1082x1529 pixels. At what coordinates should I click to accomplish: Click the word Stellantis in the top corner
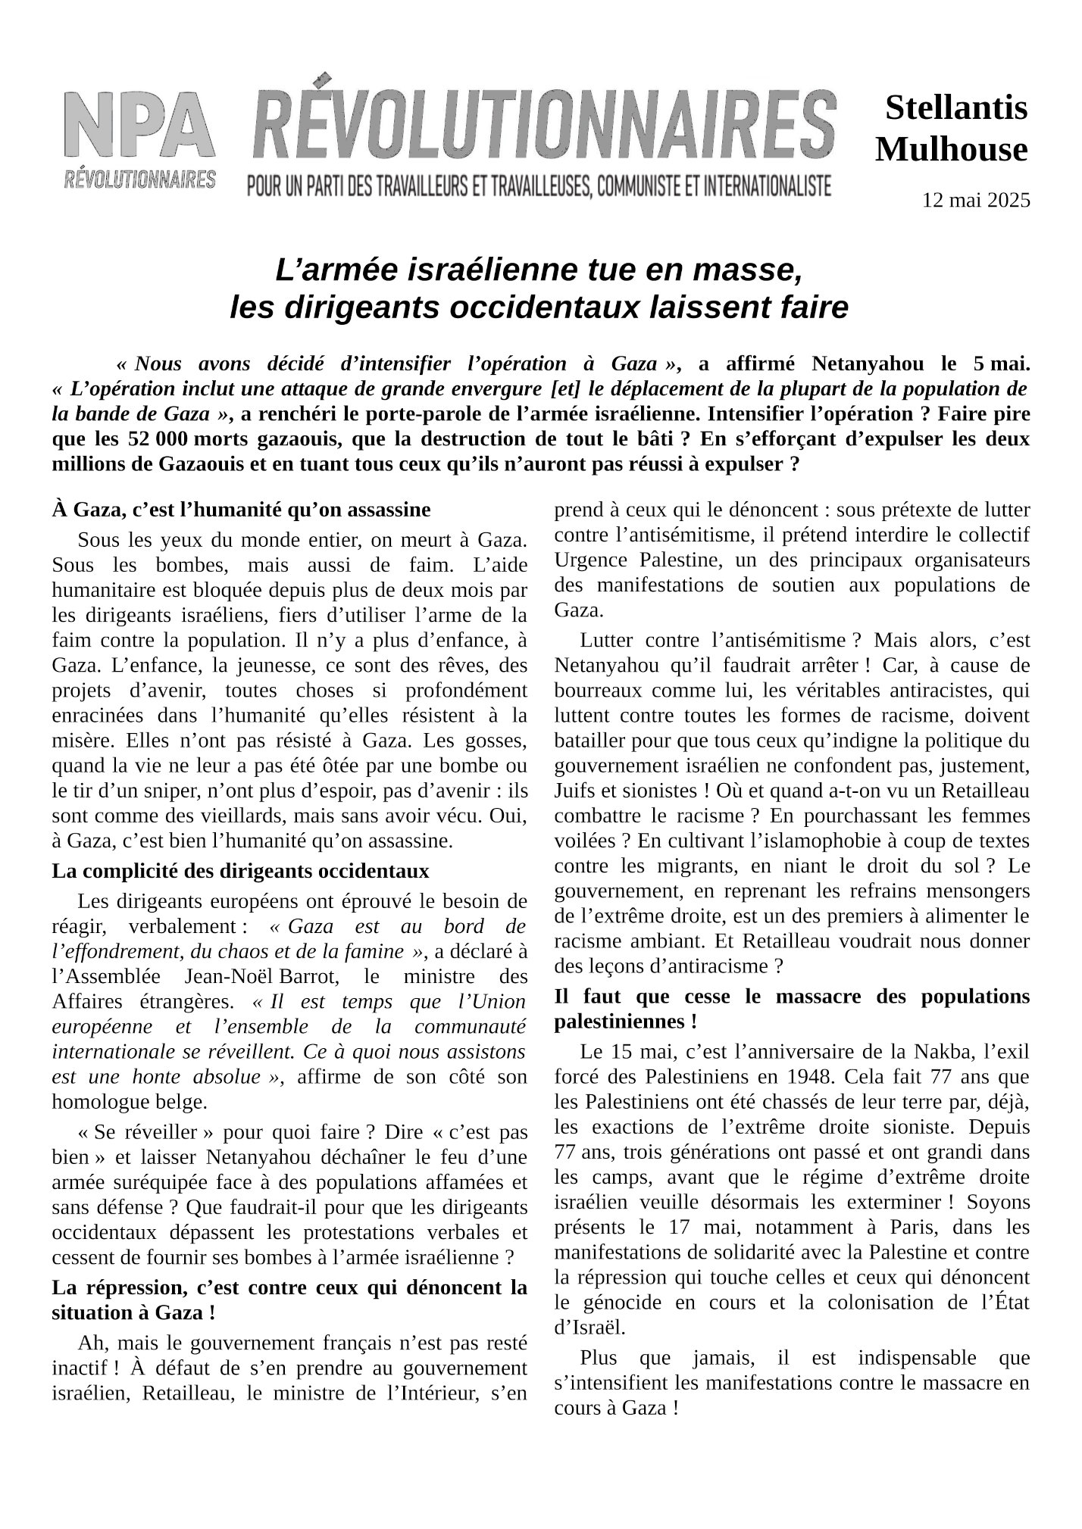point(956,108)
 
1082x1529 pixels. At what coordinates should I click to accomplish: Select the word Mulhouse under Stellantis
point(952,149)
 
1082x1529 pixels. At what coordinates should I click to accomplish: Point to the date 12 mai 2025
point(976,201)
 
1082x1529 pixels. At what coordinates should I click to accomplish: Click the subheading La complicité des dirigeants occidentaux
point(240,871)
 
